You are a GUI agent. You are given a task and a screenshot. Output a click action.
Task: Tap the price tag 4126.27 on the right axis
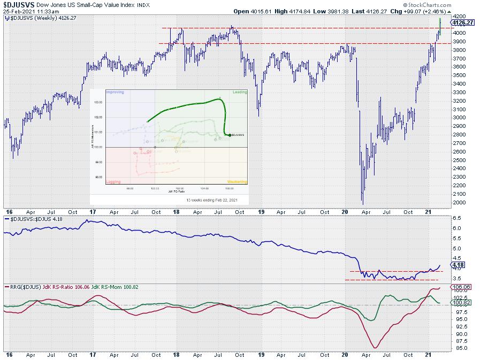click(x=463, y=22)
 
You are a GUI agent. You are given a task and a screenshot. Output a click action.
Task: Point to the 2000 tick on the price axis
click(x=459, y=202)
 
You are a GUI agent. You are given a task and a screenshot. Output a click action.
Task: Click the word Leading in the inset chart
click(x=239, y=92)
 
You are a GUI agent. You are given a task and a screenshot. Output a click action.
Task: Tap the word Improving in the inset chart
click(x=115, y=92)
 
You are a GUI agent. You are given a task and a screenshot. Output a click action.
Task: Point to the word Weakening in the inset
click(x=237, y=182)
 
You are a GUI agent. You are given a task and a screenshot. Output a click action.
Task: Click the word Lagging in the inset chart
click(x=113, y=182)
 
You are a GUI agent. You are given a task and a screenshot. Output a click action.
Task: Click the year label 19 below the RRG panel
click(x=261, y=355)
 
